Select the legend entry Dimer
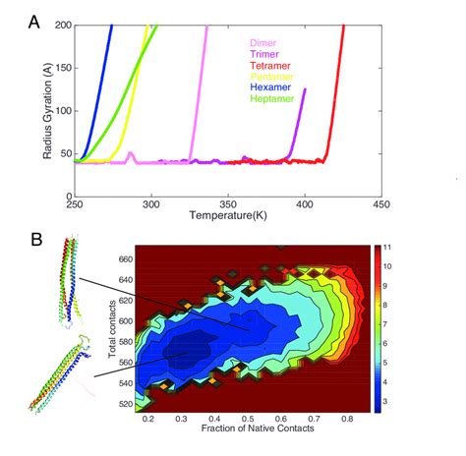pyautogui.click(x=262, y=44)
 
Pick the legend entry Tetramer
pyautogui.click(x=266, y=67)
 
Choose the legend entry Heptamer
pyautogui.click(x=268, y=99)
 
